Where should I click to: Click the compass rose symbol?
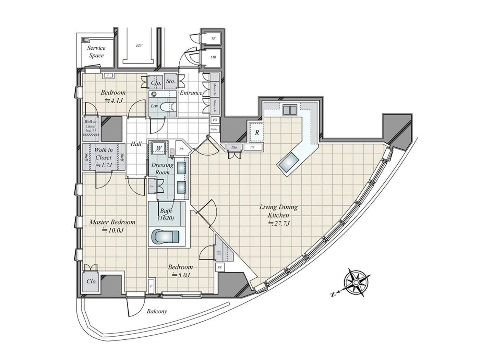pos(356,282)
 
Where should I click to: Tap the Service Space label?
pos(96,52)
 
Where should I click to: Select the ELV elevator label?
pos(139,46)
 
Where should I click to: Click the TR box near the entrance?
pos(213,39)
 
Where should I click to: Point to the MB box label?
pos(213,57)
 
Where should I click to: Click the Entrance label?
pos(191,93)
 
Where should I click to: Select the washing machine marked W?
pos(159,148)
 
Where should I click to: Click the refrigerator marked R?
pos(257,133)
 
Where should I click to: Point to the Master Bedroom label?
pos(112,222)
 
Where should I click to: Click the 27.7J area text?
pos(279,224)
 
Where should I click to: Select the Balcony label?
pos(157,312)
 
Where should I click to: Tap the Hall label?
pos(136,144)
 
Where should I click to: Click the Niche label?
pos(215,129)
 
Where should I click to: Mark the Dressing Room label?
pos(162,168)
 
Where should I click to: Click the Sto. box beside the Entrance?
pos(170,81)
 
